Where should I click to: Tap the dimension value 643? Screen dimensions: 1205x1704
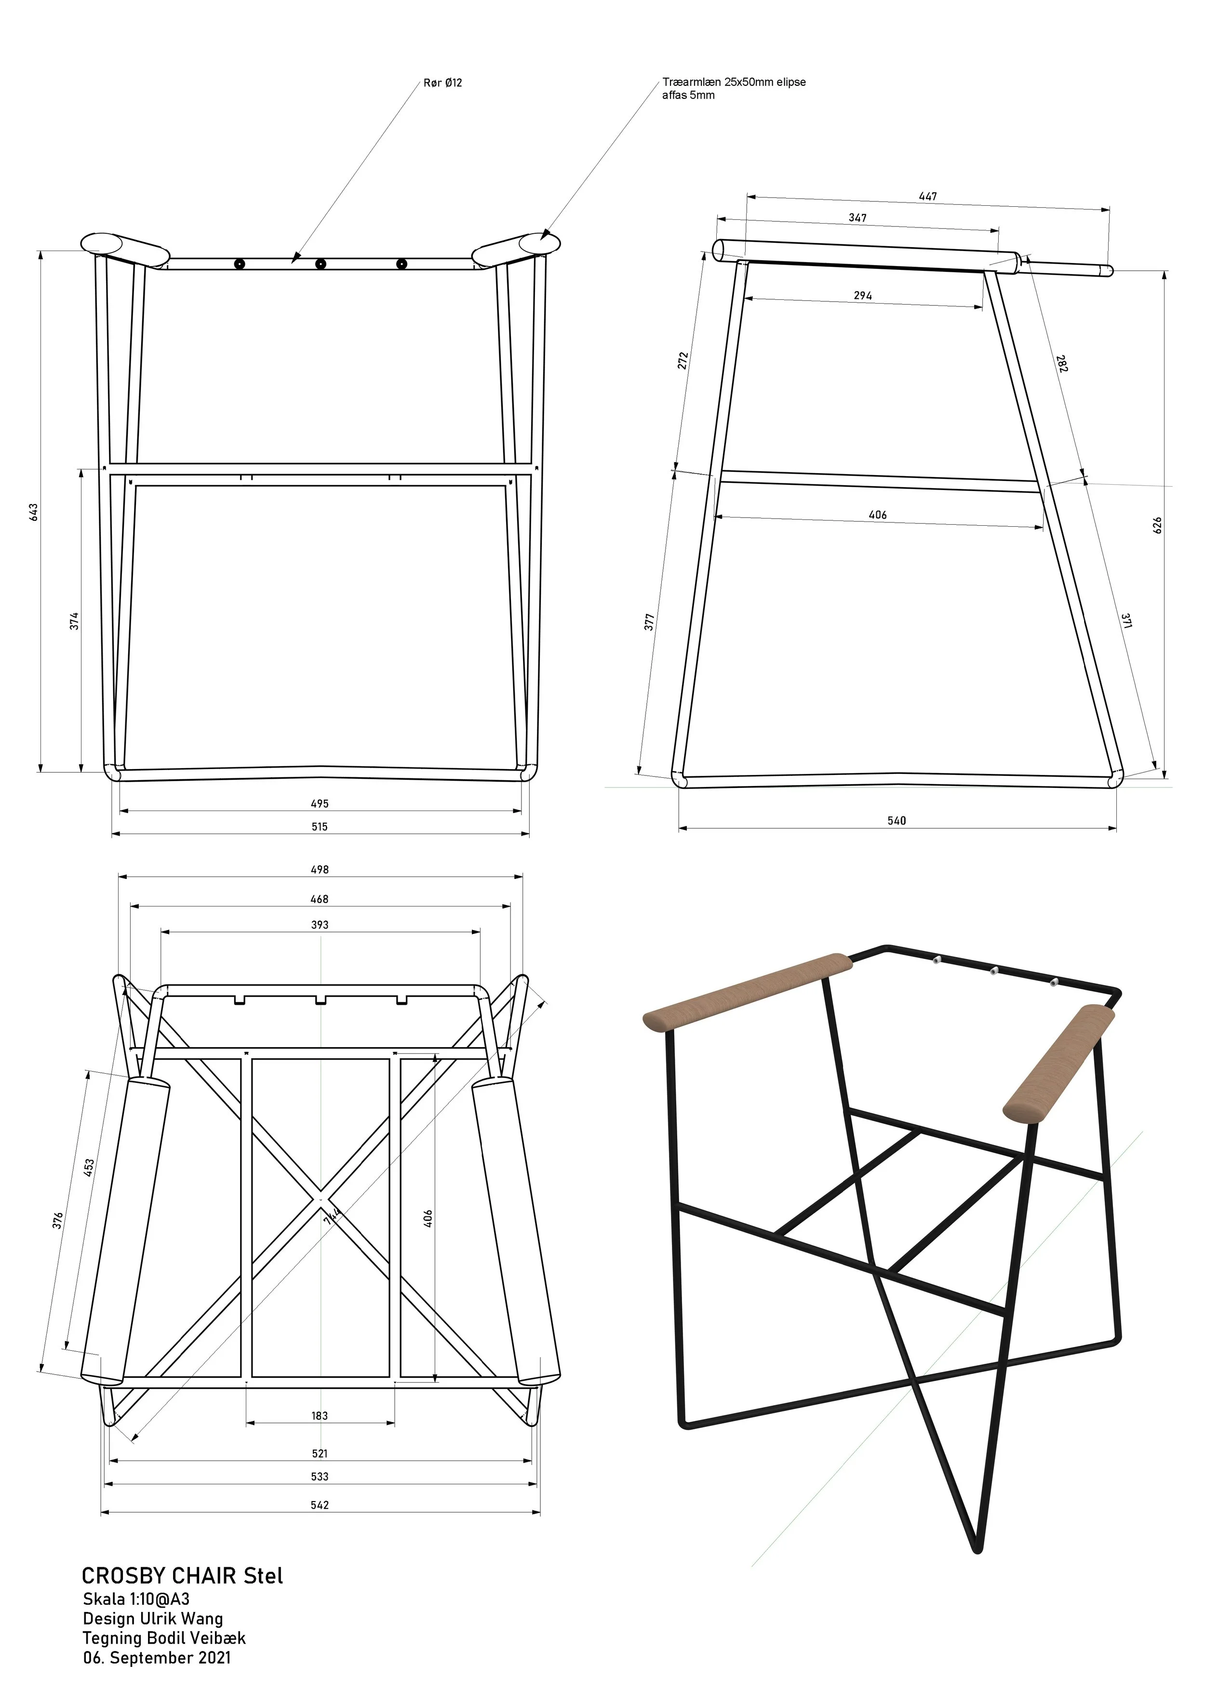pyautogui.click(x=33, y=512)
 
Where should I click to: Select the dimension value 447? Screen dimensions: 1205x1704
pyautogui.click(x=928, y=197)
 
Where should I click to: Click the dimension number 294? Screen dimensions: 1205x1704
pyautogui.click(x=863, y=295)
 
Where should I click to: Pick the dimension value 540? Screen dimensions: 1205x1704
pyautogui.click(x=897, y=821)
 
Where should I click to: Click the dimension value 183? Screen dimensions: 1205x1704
pyautogui.click(x=319, y=1416)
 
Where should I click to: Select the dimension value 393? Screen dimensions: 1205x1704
pyautogui.click(x=319, y=925)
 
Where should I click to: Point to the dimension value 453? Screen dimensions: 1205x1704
pyautogui.click(x=89, y=1168)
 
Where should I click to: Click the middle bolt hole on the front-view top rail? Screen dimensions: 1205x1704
pyautogui.click(x=321, y=264)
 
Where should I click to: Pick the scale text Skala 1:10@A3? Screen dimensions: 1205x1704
pyautogui.click(x=136, y=1598)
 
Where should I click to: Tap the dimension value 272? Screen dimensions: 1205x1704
pyautogui.click(x=683, y=360)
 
